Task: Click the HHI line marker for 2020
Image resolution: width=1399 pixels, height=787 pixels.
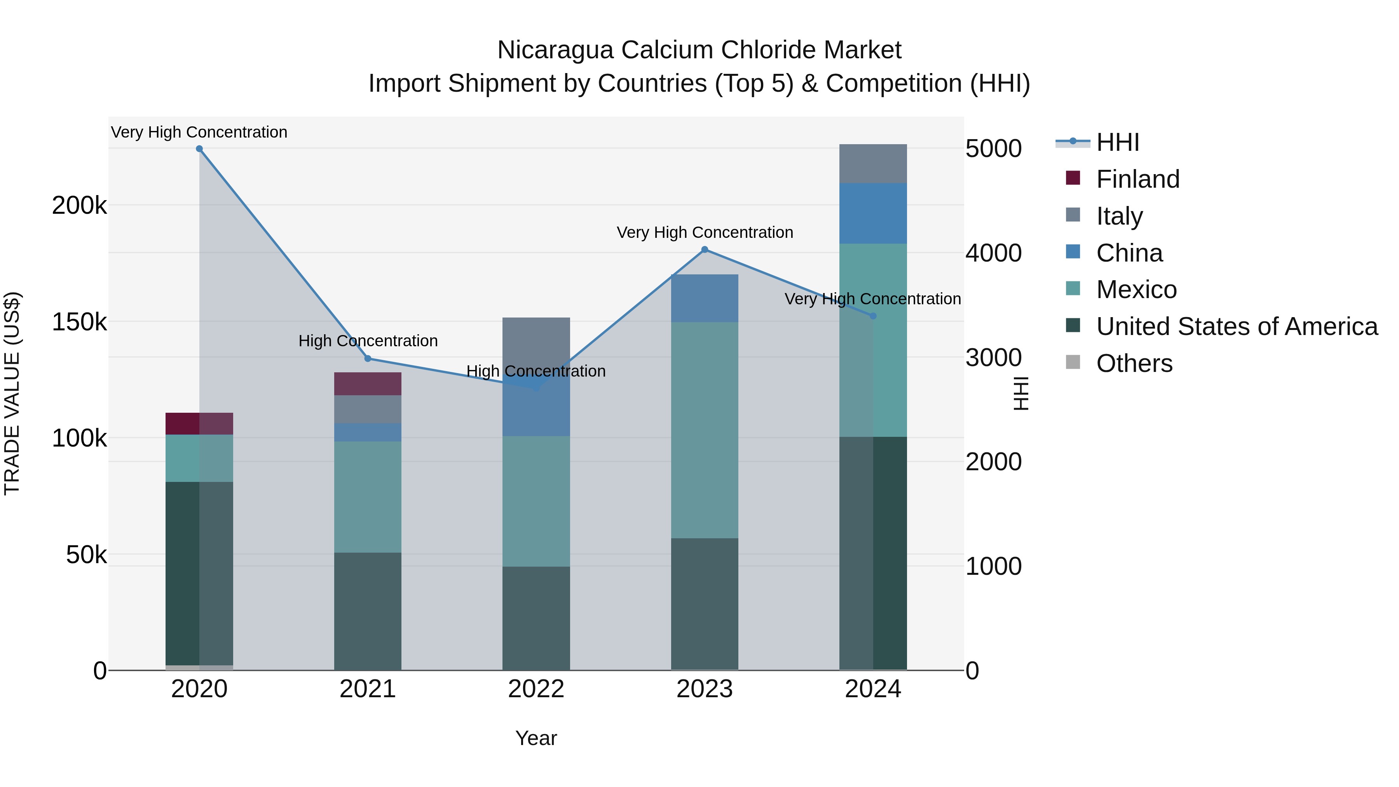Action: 199,149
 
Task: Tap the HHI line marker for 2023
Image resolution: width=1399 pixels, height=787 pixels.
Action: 705,250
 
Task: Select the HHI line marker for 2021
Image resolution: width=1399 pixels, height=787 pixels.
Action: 368,358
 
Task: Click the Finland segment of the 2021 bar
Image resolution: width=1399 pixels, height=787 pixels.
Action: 368,384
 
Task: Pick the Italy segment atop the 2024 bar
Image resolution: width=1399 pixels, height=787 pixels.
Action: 873,164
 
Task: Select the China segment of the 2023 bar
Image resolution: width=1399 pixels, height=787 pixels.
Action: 705,298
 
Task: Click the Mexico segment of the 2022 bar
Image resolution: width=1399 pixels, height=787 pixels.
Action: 536,501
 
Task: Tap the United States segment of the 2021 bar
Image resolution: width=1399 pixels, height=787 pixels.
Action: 368,611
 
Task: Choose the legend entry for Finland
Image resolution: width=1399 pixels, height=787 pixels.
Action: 1137,179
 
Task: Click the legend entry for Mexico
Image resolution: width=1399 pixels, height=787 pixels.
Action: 1136,290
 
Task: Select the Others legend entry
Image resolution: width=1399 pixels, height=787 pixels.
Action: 1134,363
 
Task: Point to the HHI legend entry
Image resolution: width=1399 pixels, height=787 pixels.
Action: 1117,142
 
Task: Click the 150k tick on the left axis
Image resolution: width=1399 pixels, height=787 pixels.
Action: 79,322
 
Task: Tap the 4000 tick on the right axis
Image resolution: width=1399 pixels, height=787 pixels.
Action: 993,253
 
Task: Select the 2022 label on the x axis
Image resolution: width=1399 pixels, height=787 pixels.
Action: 536,689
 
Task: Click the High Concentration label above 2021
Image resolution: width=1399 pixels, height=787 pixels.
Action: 368,341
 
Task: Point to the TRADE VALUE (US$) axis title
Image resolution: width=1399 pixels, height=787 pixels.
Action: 12,393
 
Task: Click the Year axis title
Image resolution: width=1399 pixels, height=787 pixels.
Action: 536,738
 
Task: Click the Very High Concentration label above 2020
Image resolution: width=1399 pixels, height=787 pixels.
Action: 199,133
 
